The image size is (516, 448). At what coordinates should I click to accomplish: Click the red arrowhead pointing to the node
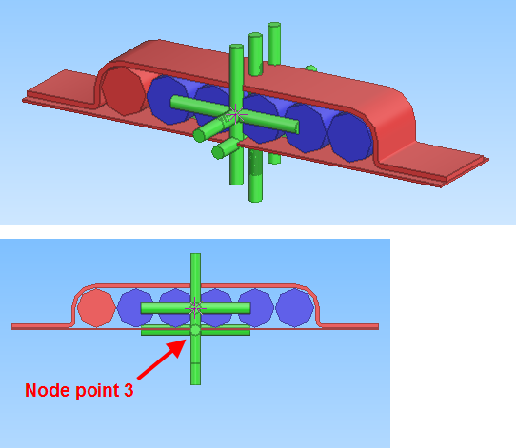click(178, 348)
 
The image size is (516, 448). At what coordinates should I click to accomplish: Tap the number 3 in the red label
click(129, 390)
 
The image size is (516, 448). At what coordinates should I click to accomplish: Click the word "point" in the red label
click(97, 391)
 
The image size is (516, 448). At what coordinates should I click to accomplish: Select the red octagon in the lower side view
click(96, 308)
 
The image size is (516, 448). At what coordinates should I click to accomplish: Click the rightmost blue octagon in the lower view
click(294, 308)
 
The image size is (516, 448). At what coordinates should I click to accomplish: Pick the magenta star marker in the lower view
click(195, 308)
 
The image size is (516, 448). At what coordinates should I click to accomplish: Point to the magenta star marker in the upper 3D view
click(236, 114)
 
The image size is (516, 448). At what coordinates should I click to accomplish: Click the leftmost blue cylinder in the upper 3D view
click(169, 100)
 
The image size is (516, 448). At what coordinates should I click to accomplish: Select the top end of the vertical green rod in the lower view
click(195, 254)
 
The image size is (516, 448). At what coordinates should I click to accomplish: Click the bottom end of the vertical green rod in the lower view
click(195, 384)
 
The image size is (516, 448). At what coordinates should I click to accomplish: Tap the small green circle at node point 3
click(195, 330)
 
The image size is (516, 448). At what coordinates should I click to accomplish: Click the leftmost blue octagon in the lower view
click(135, 308)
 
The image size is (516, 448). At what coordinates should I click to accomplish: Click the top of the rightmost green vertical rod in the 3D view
click(274, 25)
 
